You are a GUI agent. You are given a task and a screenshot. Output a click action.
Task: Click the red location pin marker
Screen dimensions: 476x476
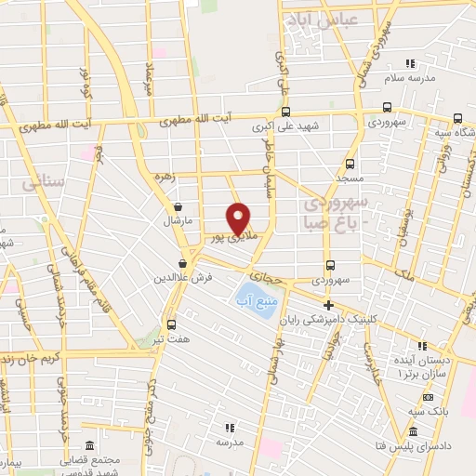pyautogui.click(x=239, y=218)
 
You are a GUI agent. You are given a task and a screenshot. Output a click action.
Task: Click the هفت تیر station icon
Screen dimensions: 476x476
pyautogui.click(x=171, y=324)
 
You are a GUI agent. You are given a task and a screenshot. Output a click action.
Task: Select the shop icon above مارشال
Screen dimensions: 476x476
pyautogui.click(x=177, y=207)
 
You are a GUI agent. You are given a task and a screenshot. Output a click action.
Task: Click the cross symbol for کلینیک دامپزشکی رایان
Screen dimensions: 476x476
pyautogui.click(x=327, y=305)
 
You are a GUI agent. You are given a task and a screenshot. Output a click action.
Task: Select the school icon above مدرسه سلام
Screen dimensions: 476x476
pyautogui.click(x=410, y=63)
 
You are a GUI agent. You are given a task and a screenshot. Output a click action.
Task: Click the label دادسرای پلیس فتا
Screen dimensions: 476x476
pyautogui.click(x=419, y=446)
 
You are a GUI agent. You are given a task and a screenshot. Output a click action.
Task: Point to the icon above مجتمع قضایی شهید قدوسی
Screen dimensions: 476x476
pyautogui.click(x=89, y=446)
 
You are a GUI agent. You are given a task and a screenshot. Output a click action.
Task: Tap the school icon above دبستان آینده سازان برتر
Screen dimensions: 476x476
pyautogui.click(x=423, y=345)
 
